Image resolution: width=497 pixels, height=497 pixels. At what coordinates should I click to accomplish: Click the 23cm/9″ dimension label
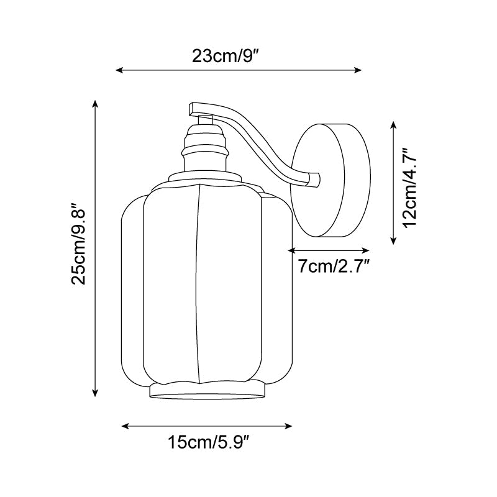pos(226,57)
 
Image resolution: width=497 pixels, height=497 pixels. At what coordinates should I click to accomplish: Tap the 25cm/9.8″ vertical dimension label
pos(79,244)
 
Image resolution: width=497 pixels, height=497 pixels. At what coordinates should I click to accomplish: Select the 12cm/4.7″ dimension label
pos(409,188)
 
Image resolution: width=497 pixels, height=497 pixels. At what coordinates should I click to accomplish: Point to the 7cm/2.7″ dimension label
pos(334,267)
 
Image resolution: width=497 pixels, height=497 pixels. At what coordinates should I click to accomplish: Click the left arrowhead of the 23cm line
pos(119,70)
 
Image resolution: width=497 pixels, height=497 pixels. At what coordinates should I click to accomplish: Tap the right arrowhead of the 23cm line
pos(358,70)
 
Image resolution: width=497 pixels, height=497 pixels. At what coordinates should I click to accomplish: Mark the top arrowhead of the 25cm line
pos(95,104)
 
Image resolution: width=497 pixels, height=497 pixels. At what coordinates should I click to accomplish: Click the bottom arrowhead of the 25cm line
pos(95,393)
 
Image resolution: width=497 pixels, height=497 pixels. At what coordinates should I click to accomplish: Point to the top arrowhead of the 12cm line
pos(393,125)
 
